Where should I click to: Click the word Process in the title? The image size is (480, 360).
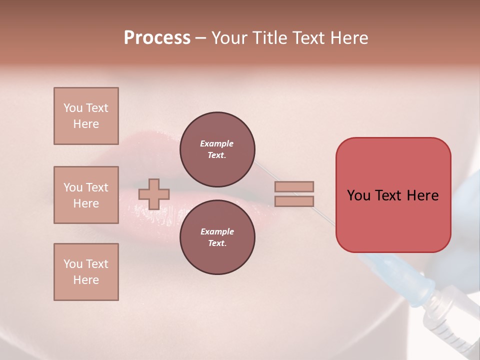coord(157,38)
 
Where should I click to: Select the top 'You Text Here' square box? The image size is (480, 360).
coord(86,116)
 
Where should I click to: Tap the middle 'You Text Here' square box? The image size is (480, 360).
coord(86,195)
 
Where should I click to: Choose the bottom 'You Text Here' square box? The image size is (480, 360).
coord(86,272)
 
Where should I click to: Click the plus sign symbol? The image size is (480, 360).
coord(154,194)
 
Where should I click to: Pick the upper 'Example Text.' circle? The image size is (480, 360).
coord(217,149)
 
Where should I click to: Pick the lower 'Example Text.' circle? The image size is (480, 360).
coord(217,237)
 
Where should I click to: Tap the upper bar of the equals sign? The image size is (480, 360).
coord(294,186)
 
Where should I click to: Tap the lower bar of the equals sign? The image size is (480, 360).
coord(294,201)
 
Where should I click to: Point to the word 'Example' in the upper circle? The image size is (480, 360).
coord(216,143)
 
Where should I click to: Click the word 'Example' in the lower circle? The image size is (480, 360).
coord(217,231)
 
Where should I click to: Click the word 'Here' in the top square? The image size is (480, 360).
coord(86,124)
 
